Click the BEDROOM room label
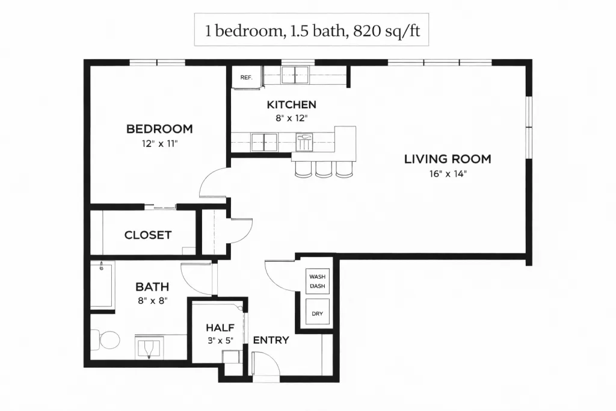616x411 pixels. click(x=159, y=129)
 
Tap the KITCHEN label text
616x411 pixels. click(x=292, y=105)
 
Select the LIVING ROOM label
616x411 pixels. click(x=448, y=159)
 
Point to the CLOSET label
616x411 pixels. click(x=148, y=235)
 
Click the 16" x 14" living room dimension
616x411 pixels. click(x=448, y=174)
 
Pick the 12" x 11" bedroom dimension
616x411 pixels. click(x=160, y=143)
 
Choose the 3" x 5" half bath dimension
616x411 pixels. click(x=220, y=340)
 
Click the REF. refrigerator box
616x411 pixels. click(x=246, y=78)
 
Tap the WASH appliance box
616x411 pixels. click(x=318, y=281)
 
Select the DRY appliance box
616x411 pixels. click(x=318, y=312)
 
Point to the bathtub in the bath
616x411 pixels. click(x=102, y=286)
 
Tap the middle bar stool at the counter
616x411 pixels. click(x=324, y=169)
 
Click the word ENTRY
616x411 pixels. click(x=271, y=340)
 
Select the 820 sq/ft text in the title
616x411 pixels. click(x=387, y=31)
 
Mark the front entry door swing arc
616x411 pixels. click(x=268, y=359)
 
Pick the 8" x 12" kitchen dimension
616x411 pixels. click(x=292, y=118)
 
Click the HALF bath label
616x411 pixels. click(x=220, y=327)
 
